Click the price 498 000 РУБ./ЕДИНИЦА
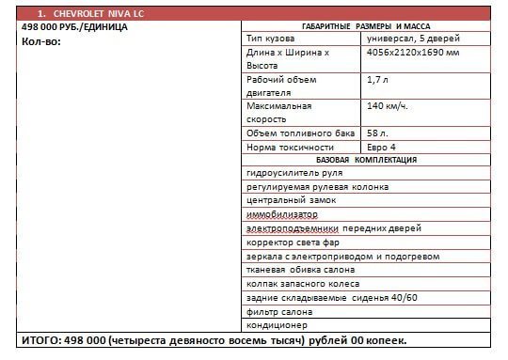(x=73, y=28)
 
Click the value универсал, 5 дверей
(x=406, y=39)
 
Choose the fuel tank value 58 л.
(x=377, y=133)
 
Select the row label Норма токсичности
(x=290, y=147)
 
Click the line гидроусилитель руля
(x=293, y=173)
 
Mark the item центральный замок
(x=286, y=200)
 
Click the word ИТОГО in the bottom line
(x=40, y=340)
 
